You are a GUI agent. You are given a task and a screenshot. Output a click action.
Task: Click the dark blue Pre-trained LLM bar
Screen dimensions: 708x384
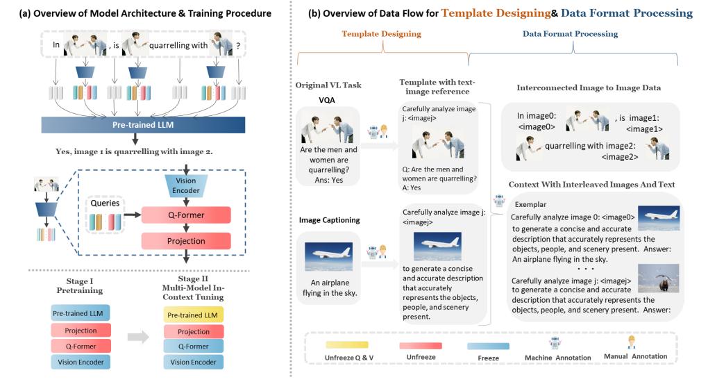tap(143, 125)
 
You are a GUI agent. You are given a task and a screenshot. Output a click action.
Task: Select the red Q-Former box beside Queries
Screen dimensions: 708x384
tap(186, 215)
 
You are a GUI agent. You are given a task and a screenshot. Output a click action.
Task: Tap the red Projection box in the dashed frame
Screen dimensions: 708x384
tap(186, 241)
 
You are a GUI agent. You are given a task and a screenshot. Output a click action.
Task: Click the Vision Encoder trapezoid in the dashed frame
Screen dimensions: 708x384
tap(185, 185)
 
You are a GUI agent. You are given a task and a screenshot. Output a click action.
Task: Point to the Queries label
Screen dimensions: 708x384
tap(105, 203)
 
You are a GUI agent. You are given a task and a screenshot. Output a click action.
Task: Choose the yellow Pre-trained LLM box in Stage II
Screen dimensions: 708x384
tap(193, 315)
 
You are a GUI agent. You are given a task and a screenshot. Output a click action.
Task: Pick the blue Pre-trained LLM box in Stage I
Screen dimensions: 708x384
tap(81, 313)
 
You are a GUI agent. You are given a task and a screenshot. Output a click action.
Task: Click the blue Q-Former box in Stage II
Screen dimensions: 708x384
tap(193, 346)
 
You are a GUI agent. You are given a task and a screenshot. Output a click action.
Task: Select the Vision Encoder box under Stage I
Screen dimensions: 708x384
tap(81, 362)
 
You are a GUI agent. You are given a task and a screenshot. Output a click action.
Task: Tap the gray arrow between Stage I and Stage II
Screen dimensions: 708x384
tap(138, 337)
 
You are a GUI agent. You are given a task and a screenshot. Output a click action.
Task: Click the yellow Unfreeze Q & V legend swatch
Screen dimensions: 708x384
tap(347, 345)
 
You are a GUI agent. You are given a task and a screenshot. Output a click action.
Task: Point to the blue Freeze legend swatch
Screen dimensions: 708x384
tap(488, 346)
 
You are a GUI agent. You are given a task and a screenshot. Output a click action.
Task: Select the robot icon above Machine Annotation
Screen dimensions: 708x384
tap(555, 343)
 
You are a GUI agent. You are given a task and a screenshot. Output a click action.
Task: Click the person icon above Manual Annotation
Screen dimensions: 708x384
tap(632, 342)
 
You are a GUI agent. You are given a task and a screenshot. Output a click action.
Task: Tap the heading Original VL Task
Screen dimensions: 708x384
tap(328, 85)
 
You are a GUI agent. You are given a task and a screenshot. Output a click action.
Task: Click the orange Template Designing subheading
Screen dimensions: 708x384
tap(381, 34)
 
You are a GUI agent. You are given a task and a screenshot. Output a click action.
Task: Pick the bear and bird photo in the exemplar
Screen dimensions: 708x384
tap(658, 278)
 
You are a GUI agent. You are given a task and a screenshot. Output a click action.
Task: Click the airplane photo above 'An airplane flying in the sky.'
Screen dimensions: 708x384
tap(328, 257)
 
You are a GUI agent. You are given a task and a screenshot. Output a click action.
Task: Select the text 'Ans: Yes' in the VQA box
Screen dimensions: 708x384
tap(329, 180)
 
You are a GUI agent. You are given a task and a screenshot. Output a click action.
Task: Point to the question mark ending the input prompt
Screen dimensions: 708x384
tap(238, 46)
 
